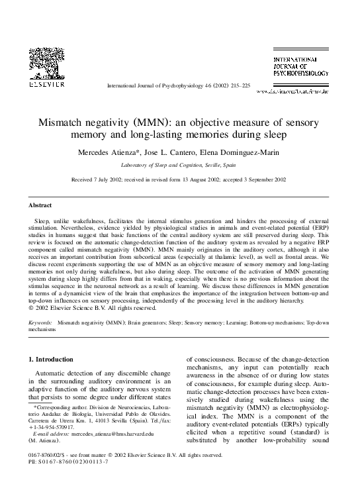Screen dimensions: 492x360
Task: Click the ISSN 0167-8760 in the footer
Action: point(38,474)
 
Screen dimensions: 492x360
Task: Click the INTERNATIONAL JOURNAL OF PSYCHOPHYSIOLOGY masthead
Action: point(302,66)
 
